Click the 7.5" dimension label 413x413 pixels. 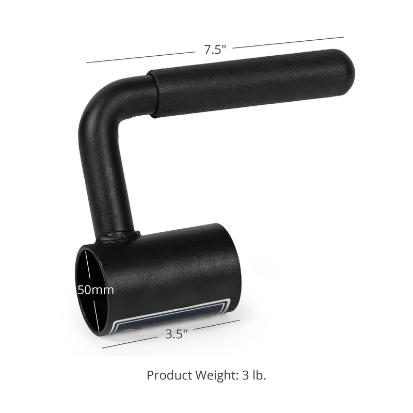click(x=214, y=50)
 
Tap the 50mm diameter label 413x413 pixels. click(x=96, y=289)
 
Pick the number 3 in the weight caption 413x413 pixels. click(x=244, y=375)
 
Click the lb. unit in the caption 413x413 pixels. click(x=258, y=375)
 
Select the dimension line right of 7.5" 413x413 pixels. click(x=289, y=42)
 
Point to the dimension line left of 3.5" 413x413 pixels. click(x=129, y=343)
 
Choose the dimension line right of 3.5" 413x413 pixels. click(x=217, y=324)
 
